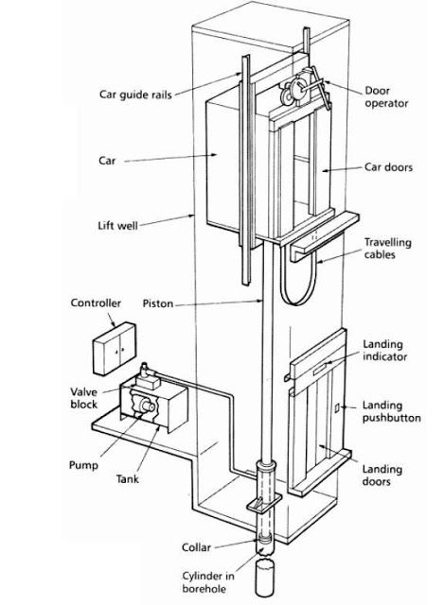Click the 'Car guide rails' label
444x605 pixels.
pyautogui.click(x=135, y=95)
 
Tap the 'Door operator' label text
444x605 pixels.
pyautogui.click(x=386, y=96)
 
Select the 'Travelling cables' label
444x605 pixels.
pyautogui.click(x=387, y=249)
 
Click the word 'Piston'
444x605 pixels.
pyautogui.click(x=158, y=303)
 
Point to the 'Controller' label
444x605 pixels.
pyautogui.click(x=96, y=302)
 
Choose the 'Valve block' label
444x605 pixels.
pyautogui.click(x=84, y=398)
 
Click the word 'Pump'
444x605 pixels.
pyautogui.click(x=83, y=465)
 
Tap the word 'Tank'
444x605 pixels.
pyautogui.click(x=128, y=479)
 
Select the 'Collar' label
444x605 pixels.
pyautogui.click(x=196, y=547)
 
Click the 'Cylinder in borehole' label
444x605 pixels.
pyautogui.click(x=208, y=582)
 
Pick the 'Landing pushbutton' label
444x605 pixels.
pyautogui.click(x=391, y=412)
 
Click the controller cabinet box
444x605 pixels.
pyautogui.click(x=115, y=349)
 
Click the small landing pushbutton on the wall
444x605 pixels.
pyautogui.click(x=337, y=407)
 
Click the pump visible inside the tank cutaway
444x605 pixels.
pyautogui.click(x=147, y=406)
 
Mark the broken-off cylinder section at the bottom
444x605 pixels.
pyautogui.click(x=265, y=579)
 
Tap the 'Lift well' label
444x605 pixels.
pyautogui.click(x=117, y=225)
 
